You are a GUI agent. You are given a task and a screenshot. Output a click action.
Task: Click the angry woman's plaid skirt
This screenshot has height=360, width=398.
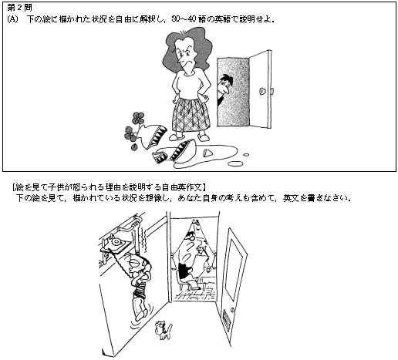click(191, 115)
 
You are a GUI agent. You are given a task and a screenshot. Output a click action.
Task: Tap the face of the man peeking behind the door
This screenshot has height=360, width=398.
click(224, 87)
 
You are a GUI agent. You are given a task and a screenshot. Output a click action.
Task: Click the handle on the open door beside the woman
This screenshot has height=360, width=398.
click(262, 91)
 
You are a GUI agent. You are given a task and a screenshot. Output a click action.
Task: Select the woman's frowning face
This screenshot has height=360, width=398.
click(187, 56)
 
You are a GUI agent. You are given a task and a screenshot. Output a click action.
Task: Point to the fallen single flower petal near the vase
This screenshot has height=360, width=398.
click(133, 147)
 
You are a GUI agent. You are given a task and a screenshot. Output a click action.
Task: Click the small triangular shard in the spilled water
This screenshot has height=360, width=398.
click(207, 153)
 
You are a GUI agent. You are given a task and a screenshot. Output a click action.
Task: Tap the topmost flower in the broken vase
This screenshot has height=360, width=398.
click(138, 118)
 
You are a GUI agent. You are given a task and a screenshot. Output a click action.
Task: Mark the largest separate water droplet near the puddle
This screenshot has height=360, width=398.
click(235, 163)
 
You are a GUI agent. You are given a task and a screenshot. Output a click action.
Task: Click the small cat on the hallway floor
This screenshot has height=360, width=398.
click(163, 331)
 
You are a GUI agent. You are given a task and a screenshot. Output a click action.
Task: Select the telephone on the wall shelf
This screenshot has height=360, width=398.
click(115, 242)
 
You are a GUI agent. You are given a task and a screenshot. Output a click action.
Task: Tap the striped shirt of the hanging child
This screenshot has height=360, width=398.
click(139, 290)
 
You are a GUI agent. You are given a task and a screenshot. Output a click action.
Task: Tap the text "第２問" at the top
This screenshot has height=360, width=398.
click(19, 8)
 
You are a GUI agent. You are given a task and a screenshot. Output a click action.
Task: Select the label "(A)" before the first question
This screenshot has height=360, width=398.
click(12, 19)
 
